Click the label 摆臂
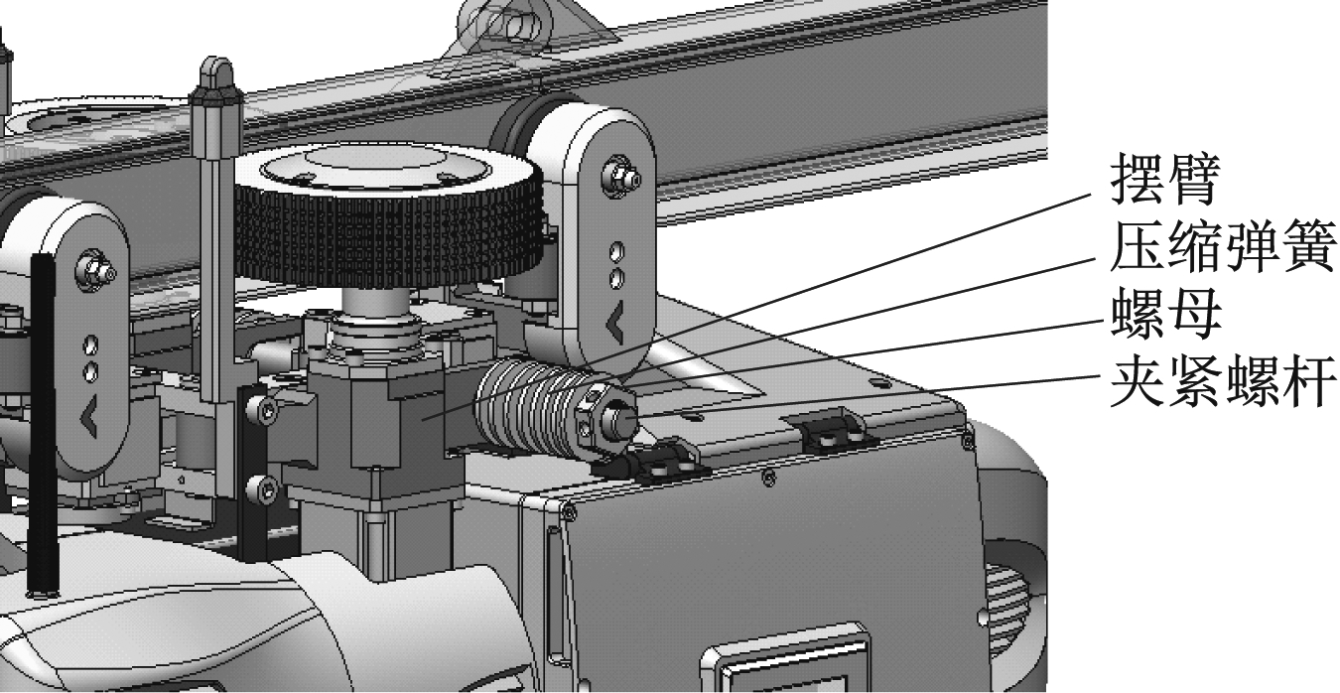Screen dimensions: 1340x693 (x=1164, y=179)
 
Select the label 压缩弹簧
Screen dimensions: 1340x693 (x=1223, y=246)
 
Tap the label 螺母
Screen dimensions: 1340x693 (x=1166, y=314)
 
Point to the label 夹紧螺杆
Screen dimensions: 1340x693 (x=1223, y=381)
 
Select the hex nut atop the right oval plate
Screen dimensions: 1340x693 (x=620, y=176)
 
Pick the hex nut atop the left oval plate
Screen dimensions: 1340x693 (x=95, y=270)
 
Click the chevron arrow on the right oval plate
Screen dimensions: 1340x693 (x=615, y=323)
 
